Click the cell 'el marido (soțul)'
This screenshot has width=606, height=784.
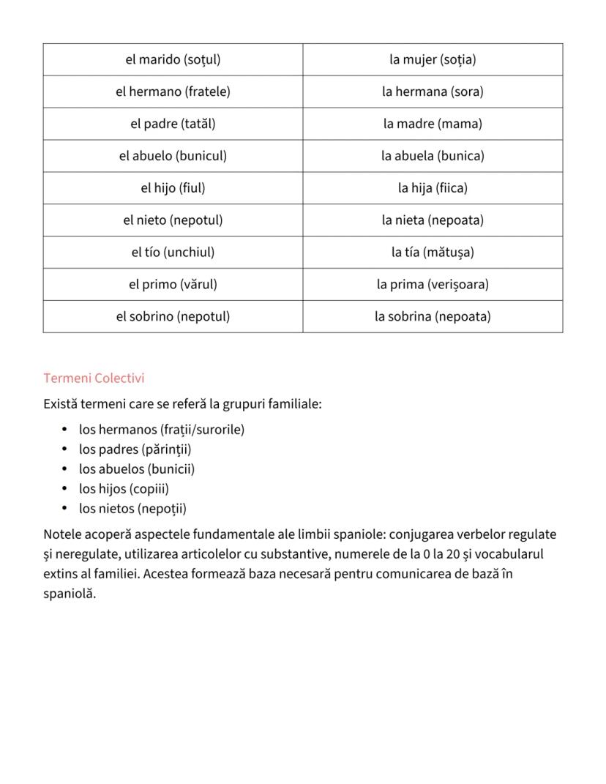point(173,59)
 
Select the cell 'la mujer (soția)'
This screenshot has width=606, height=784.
point(433,59)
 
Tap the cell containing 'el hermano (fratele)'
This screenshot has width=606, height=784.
point(173,92)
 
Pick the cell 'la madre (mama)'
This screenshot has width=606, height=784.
point(433,124)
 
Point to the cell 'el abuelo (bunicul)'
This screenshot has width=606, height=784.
point(173,156)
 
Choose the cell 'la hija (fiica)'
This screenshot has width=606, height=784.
point(433,188)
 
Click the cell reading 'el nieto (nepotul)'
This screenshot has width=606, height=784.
point(173,220)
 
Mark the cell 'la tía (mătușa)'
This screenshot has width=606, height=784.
point(433,253)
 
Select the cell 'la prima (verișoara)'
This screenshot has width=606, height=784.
point(433,285)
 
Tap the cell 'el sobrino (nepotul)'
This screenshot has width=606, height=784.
point(173,317)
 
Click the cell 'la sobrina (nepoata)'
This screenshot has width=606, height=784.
point(433,317)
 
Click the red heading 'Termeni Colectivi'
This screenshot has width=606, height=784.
point(94,378)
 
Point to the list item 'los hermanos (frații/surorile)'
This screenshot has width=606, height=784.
point(162,430)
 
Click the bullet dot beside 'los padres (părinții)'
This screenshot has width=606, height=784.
point(64,449)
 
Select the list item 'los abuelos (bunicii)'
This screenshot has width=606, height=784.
point(137,469)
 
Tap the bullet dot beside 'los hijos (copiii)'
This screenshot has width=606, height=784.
point(64,489)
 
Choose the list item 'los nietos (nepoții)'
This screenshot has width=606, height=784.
point(132,509)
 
